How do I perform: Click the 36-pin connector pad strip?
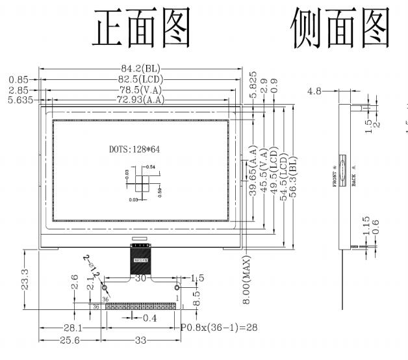coord(142,306)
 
